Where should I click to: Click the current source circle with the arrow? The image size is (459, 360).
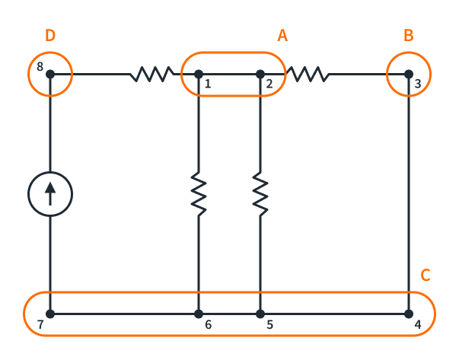coord(49,193)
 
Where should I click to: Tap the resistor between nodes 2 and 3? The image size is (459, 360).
coord(307,74)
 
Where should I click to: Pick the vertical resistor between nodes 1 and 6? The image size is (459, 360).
coord(198,194)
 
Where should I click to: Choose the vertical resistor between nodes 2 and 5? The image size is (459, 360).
coord(260,194)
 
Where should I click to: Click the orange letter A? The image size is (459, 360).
coord(282,36)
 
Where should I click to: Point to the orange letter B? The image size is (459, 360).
coord(409,36)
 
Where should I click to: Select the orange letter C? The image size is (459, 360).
coord(426,276)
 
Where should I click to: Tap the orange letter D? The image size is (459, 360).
coord(50,36)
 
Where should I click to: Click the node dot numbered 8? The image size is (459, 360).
coord(49,74)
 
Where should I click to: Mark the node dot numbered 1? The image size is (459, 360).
coord(198,74)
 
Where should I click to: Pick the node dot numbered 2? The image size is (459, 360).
coord(260,74)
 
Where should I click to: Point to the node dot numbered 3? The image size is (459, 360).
coord(410,74)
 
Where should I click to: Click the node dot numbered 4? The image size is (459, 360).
coord(410,314)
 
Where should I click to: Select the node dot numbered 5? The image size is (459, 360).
coord(260,314)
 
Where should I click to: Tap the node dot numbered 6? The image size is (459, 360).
coord(198,314)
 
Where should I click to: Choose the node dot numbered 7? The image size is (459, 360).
coord(49,314)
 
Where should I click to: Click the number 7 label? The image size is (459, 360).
coord(40,326)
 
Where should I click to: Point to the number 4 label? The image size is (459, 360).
coord(418,326)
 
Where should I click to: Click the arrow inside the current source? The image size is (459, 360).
coord(49,193)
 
